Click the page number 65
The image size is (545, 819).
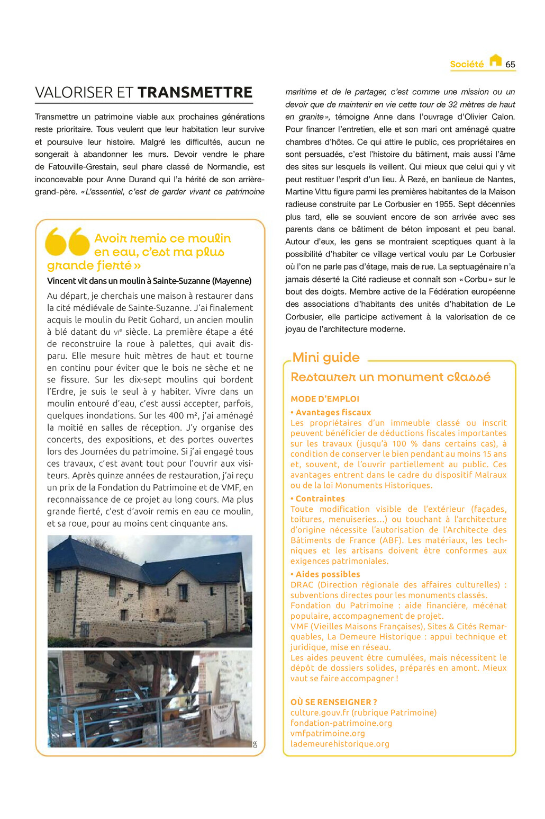click(x=510, y=65)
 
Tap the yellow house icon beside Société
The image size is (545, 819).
click(x=495, y=60)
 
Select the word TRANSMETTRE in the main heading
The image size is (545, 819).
click(x=195, y=93)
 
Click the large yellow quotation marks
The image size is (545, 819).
click(x=67, y=242)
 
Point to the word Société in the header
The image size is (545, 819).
click(x=467, y=65)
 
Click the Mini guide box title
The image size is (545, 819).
click(x=326, y=358)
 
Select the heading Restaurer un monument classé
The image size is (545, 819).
click(x=390, y=377)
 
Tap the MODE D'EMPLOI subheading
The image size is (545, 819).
click(x=325, y=399)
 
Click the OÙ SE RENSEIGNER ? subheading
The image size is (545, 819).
click(x=334, y=702)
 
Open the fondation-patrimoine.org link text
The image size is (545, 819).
click(x=341, y=723)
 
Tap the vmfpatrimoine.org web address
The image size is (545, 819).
click(x=328, y=734)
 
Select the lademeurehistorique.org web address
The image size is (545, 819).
click(x=340, y=744)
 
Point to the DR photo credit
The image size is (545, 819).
click(x=255, y=744)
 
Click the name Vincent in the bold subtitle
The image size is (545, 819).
click(x=61, y=281)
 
